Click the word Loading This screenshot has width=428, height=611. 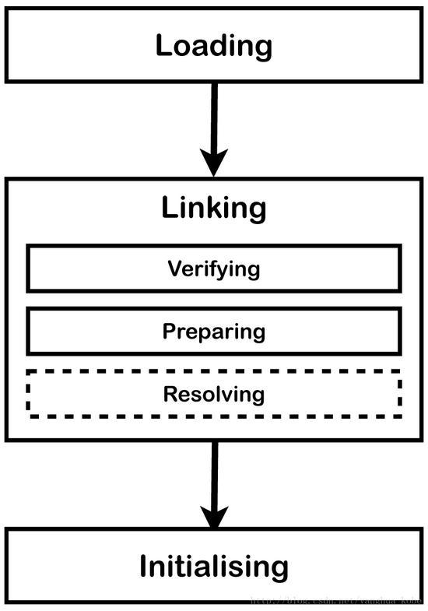(214, 45)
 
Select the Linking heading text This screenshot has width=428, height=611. (214, 208)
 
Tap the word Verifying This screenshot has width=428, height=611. (214, 269)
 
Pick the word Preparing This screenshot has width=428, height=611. (214, 332)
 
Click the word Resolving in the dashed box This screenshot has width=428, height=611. (214, 394)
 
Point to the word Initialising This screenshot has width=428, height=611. (214, 566)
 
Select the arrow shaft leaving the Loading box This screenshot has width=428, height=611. (214, 113)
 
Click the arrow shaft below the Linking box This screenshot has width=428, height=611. (214, 471)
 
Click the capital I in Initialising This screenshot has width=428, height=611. (145, 566)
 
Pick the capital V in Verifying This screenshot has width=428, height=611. (174, 269)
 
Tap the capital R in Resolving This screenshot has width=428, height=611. (170, 394)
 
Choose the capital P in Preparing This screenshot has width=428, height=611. (169, 332)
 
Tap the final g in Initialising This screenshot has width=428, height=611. (279, 569)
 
